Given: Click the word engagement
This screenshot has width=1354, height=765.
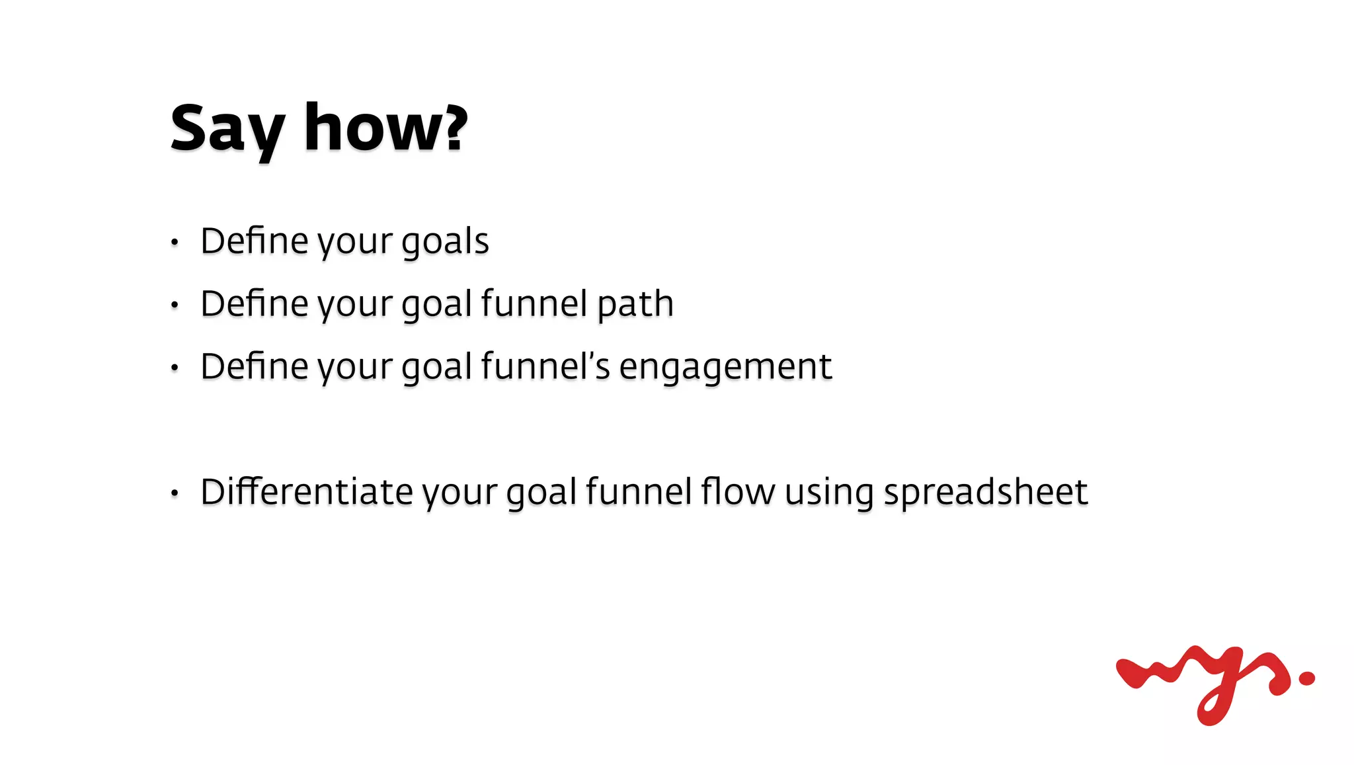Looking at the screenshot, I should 725,367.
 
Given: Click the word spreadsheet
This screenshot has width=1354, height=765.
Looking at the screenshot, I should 985,493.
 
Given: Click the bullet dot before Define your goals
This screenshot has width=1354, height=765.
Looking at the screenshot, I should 175,243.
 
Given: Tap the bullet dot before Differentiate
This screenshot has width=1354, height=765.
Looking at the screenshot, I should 175,493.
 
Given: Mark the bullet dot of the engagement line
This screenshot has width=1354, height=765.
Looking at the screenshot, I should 175,368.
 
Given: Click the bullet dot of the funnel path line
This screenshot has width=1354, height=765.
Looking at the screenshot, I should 175,305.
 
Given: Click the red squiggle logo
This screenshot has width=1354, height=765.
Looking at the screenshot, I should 1203,681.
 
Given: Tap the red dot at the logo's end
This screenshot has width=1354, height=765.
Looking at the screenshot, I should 1306,678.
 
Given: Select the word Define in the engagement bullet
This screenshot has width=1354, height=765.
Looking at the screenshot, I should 254,366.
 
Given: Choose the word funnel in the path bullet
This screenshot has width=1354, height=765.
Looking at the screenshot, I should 534,304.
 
